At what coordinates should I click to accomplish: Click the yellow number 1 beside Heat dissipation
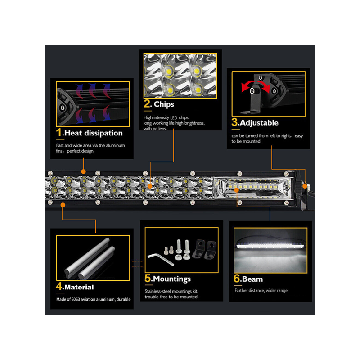pyautogui.click(x=59, y=133)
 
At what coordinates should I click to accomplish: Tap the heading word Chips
pyautogui.click(x=164, y=104)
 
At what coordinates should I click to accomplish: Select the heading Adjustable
pyautogui.click(x=259, y=123)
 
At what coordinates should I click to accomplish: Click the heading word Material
pyautogui.click(x=79, y=287)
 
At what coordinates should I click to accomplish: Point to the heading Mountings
pyautogui.click(x=172, y=279)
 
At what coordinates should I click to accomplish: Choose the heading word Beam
pyautogui.click(x=252, y=279)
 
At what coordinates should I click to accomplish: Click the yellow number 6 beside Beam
pyautogui.click(x=237, y=279)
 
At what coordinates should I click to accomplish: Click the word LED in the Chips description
pyautogui.click(x=174, y=118)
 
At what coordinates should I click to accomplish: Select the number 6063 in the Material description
pyautogui.click(x=76, y=299)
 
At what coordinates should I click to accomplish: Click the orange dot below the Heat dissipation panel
pyautogui.click(x=84, y=171)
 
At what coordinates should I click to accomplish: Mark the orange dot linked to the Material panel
pyautogui.click(x=63, y=205)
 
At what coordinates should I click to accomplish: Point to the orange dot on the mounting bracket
pyautogui.click(x=305, y=186)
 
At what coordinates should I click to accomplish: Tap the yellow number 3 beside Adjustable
pyautogui.click(x=234, y=122)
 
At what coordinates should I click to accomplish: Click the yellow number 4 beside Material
pyautogui.click(x=59, y=286)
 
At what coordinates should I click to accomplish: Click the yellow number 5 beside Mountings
pyautogui.click(x=148, y=278)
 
